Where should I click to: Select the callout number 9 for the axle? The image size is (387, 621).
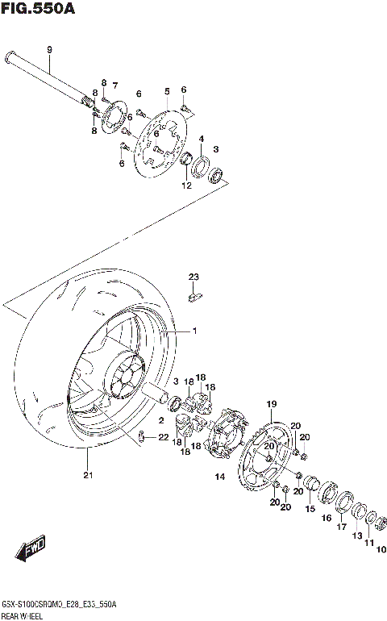49,50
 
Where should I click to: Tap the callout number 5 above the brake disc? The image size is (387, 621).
166,91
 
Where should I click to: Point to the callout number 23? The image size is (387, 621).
193,277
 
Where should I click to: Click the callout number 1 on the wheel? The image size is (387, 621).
193,331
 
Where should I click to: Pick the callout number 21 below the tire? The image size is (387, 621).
87,475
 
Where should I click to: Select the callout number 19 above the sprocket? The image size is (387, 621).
272,403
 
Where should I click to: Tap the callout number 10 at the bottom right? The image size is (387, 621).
381,550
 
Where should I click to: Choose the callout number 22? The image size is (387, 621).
164,438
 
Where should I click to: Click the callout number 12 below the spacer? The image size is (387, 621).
186,185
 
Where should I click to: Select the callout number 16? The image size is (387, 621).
327,519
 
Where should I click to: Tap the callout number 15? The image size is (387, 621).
310,509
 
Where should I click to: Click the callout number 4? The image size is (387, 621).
202,138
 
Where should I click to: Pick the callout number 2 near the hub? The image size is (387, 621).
161,420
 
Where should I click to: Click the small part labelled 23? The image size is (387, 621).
193,297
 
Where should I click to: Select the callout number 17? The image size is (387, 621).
341,527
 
